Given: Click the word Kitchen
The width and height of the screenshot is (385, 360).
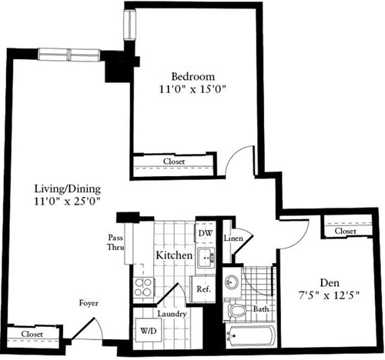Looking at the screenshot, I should click(173, 254).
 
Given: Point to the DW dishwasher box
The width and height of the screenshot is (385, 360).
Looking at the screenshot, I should click(206, 232).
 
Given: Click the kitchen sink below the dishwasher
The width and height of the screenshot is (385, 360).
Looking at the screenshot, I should click(206, 258).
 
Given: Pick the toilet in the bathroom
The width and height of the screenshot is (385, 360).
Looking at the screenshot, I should click(237, 311).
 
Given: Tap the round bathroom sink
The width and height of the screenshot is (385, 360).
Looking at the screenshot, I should click(232, 282).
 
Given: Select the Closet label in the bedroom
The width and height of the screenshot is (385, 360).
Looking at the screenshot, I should click(174, 162).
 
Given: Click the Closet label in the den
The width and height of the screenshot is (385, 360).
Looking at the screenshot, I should click(345, 231).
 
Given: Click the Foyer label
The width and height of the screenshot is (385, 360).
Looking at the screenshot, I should click(89, 303).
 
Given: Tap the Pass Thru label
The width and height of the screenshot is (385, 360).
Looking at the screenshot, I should click(116, 243).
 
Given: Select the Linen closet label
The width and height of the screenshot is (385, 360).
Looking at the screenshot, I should click(234, 238).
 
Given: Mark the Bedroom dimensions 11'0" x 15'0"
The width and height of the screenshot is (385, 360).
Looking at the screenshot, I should click(191, 90).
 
